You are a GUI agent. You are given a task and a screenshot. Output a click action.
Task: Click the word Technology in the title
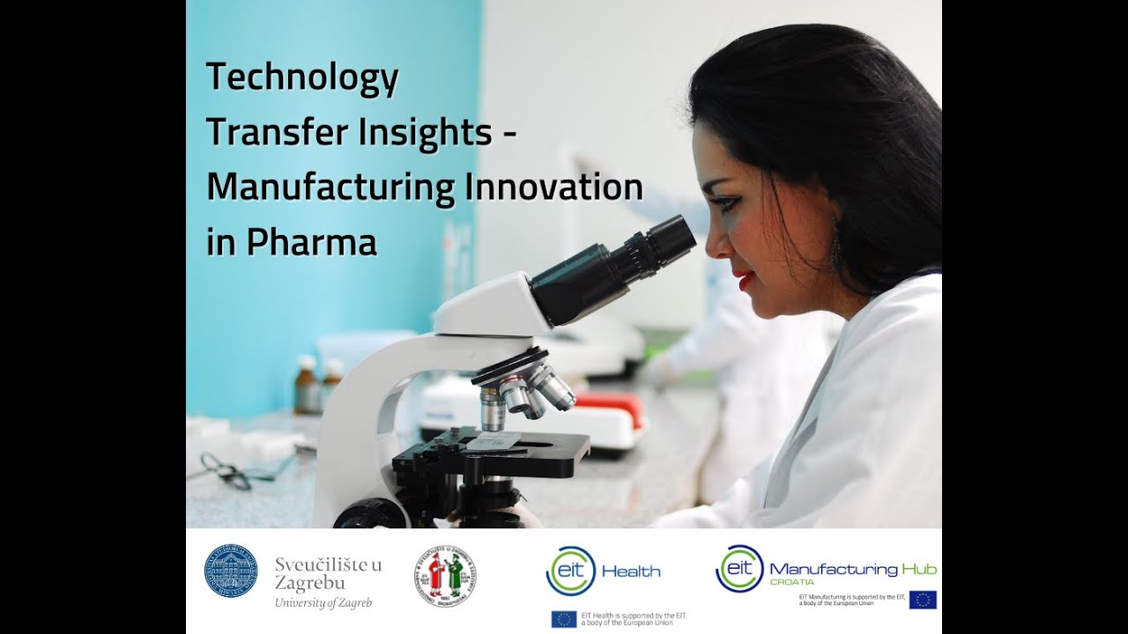coord(302,78)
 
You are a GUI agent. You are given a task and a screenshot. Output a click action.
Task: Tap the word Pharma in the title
coord(312,242)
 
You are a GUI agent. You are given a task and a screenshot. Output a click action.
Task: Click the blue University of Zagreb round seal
coord(231,571)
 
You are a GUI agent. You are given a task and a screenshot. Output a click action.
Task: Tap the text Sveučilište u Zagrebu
coord(328,573)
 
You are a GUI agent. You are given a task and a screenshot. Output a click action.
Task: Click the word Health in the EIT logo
coord(631,571)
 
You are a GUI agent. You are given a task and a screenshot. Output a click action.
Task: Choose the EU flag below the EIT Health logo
coord(564,619)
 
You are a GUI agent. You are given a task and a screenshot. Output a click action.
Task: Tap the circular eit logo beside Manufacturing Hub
coord(738,568)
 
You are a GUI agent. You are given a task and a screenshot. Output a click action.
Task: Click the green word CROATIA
coord(791,583)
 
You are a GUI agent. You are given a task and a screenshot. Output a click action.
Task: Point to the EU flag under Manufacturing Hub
coord(923,600)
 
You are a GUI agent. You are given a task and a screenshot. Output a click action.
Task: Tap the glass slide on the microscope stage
coord(493,441)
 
